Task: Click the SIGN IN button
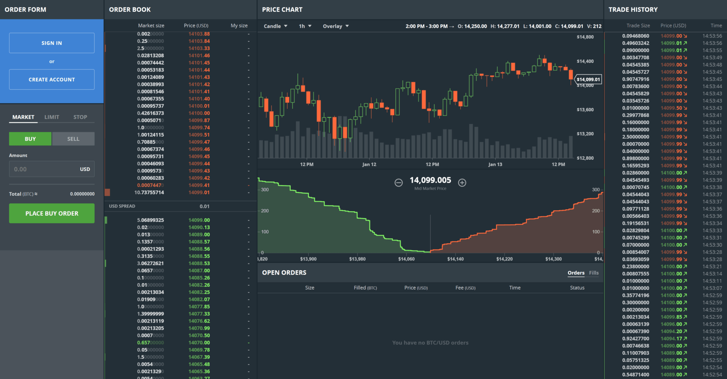52,43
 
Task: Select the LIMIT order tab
52,117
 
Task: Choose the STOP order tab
80,117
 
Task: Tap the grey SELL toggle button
73,139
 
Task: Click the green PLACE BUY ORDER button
52,214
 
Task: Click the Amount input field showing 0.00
44,169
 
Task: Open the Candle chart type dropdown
275,26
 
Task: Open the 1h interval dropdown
305,26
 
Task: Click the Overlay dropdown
336,26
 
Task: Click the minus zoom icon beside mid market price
398,183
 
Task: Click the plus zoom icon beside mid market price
462,183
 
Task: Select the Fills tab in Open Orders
594,273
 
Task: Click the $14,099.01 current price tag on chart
588,79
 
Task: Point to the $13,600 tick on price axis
585,109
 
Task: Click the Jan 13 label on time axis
495,164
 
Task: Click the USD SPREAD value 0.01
204,206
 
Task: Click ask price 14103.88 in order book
199,34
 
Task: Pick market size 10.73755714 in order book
149,192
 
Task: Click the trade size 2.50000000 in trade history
635,137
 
